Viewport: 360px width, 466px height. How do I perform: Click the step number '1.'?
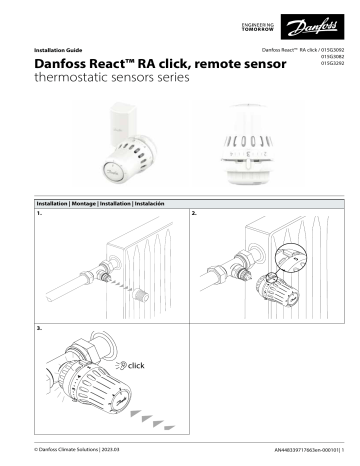[39, 214]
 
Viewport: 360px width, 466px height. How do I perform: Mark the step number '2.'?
[194, 214]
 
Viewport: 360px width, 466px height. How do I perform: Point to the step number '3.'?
[39, 327]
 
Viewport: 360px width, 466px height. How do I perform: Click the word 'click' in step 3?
[136, 366]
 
